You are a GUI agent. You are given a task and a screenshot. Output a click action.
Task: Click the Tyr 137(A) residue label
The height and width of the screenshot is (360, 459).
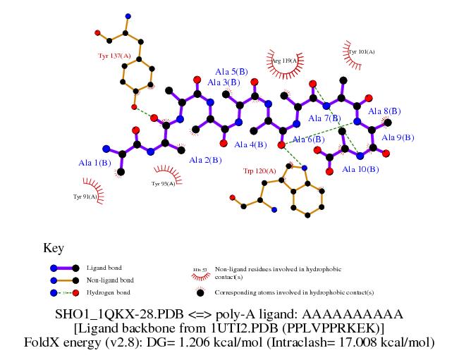pos(114,55)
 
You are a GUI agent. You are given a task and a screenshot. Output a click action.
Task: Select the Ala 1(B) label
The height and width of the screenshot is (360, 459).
pos(94,163)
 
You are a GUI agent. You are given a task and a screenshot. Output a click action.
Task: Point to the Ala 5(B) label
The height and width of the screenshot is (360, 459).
pos(231,71)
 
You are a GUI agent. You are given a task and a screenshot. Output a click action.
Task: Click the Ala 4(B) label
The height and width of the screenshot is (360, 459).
pos(250,144)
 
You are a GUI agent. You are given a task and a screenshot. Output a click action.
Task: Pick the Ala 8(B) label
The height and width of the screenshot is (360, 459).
pos(386,111)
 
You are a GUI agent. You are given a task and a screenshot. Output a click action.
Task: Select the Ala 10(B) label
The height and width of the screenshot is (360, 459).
pos(360,169)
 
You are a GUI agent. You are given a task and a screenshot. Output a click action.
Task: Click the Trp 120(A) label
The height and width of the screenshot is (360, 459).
pos(259,170)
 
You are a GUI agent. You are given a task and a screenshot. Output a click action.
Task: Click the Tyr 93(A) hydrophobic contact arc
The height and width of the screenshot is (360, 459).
pos(165,176)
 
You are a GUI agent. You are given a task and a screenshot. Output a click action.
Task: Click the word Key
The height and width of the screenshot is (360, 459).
pos(54,248)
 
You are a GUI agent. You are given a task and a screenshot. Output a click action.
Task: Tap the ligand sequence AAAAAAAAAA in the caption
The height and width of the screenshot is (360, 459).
pos(367,314)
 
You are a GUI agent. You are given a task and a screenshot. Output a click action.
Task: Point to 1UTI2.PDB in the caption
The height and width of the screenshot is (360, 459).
pos(235,328)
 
